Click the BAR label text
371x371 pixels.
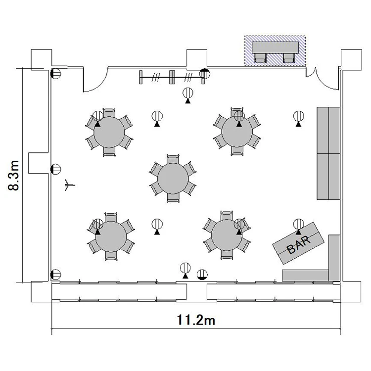tap(299, 245)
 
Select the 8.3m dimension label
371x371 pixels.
tap(13, 175)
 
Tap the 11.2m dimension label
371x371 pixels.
tap(196, 320)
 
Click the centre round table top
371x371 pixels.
tap(173, 179)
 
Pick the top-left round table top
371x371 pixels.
tap(109, 132)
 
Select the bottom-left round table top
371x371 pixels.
tap(111, 236)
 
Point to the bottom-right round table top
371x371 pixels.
tap(227, 235)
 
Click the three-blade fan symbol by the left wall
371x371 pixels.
tap(69, 185)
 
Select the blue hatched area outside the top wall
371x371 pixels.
tap(275, 50)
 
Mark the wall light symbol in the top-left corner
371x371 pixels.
tap(56, 74)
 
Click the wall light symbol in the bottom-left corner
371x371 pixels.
tap(56, 275)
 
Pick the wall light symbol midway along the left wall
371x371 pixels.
tap(56, 169)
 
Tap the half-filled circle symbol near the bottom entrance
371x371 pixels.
tap(202, 275)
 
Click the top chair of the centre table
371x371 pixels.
tap(173, 159)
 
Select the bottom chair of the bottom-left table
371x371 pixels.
tap(111, 256)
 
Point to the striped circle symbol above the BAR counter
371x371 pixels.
tap(299, 224)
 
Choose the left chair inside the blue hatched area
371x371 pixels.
tap(260, 58)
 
